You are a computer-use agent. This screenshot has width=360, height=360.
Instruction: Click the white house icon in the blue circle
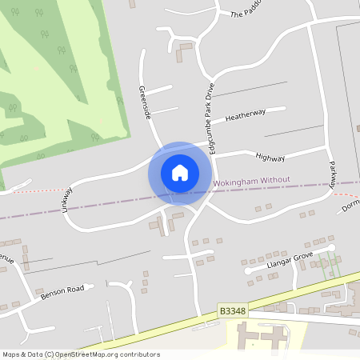[x=180, y=173]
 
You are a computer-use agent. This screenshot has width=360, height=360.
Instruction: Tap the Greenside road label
[x=145, y=103]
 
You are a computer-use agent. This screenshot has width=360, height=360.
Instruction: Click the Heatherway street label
[x=245, y=115]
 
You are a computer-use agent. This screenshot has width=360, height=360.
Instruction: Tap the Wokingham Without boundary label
[x=252, y=182]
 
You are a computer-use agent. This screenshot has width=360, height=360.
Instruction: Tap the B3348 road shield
[x=229, y=308]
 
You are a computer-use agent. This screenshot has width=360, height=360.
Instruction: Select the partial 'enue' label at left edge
[x=6, y=259]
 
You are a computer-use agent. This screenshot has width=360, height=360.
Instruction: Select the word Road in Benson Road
[x=74, y=289]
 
